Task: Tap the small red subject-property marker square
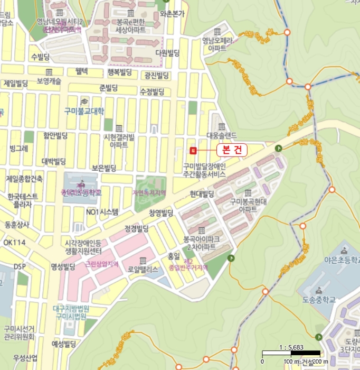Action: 193,150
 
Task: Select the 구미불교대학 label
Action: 84,111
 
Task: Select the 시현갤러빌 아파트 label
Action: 119,141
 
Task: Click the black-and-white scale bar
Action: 291,353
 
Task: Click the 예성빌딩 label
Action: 64,344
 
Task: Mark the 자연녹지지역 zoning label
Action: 149,192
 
